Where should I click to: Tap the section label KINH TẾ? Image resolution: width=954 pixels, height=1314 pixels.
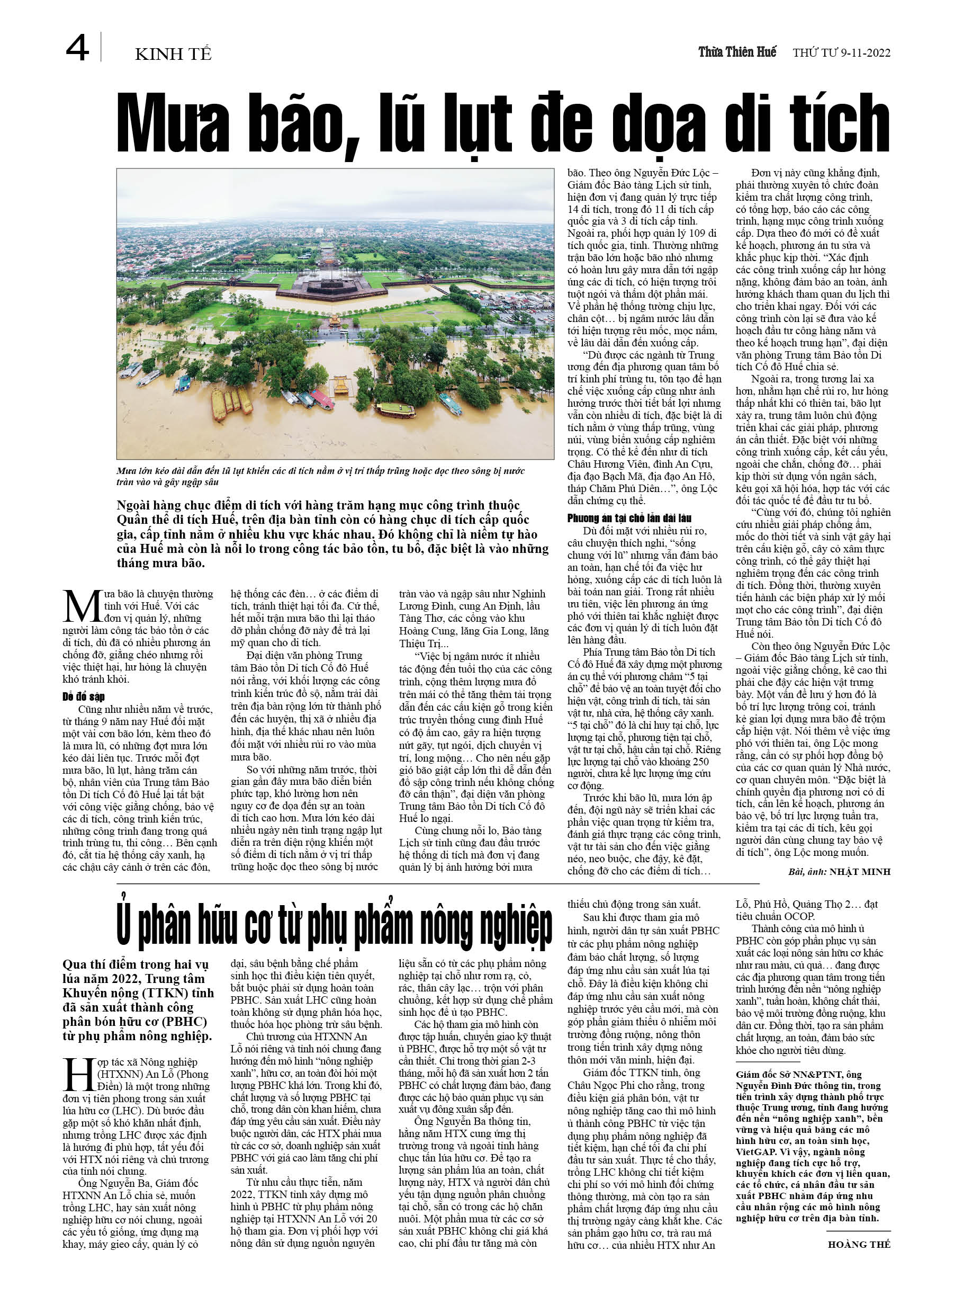(x=173, y=55)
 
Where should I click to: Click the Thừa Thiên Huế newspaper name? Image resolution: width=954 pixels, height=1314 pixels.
(x=737, y=52)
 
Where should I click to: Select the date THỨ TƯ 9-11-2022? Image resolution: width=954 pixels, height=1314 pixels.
(x=841, y=53)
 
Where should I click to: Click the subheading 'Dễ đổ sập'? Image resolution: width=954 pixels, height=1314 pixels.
(x=84, y=696)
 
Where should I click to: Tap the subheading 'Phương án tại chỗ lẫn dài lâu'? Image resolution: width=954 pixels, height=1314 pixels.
(x=629, y=518)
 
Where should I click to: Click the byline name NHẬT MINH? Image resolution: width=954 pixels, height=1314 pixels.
(x=860, y=871)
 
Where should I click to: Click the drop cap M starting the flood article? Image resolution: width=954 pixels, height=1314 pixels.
(x=82, y=606)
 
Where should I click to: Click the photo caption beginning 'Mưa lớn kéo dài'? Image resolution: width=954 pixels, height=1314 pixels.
(x=320, y=476)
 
